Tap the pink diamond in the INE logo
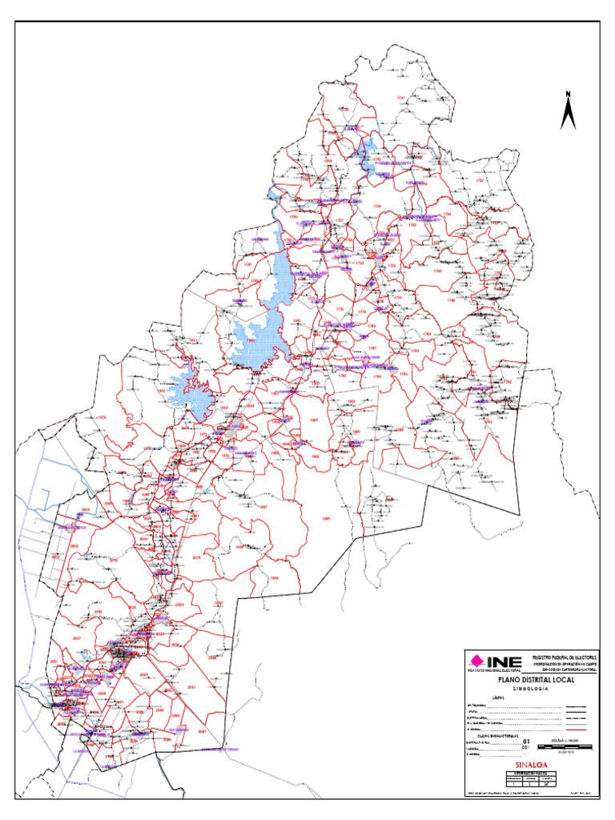click(477, 661)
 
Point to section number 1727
click(401, 98)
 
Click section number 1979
click(101, 418)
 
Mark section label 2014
click(197, 557)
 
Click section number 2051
click(191, 688)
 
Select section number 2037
click(77, 638)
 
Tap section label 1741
click(247, 265)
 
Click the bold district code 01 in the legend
click(525, 742)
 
